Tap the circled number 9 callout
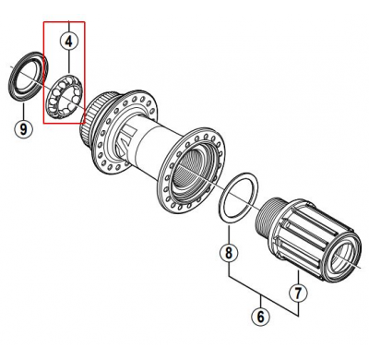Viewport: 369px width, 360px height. coord(22,129)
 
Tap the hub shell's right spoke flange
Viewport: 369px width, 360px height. coord(189,171)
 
